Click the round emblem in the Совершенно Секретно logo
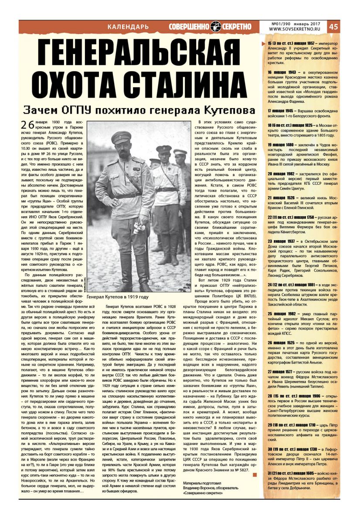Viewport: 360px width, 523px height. (216, 26)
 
